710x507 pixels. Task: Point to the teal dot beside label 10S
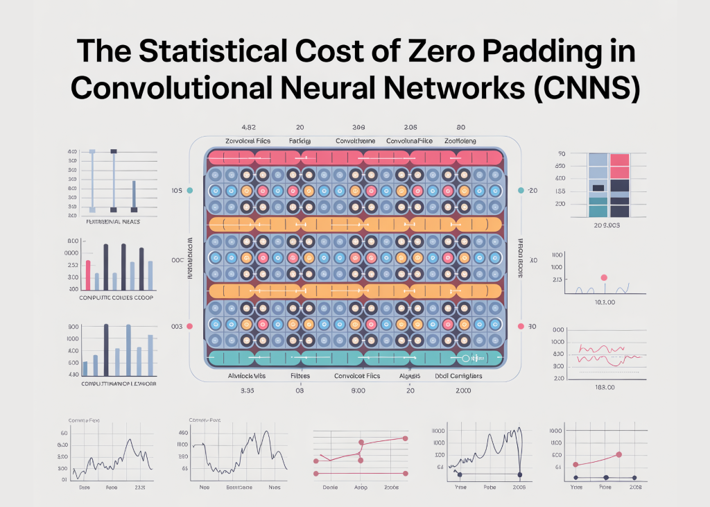190,190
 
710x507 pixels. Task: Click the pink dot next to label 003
190,326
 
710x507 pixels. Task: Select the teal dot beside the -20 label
520,190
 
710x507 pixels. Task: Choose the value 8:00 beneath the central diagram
358,391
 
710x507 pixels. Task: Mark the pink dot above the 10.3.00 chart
603,277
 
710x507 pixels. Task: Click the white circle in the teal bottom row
466,359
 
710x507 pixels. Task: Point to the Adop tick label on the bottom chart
361,488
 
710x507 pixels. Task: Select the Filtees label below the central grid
300,376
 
